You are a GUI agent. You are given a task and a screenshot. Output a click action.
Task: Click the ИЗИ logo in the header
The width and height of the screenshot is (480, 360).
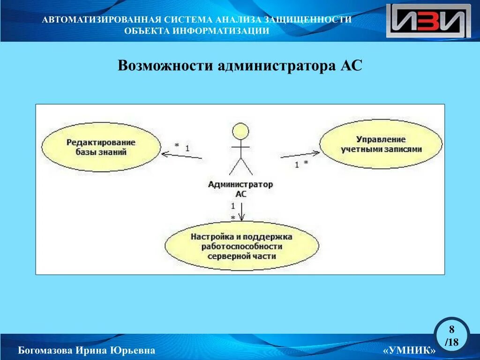click(x=428, y=21)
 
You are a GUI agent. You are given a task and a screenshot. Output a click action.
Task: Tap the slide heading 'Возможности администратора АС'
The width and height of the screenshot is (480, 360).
click(x=240, y=65)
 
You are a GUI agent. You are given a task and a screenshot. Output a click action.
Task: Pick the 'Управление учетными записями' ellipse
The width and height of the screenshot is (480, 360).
click(x=381, y=144)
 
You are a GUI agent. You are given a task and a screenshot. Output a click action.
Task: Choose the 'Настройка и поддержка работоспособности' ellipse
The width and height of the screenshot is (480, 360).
click(x=241, y=246)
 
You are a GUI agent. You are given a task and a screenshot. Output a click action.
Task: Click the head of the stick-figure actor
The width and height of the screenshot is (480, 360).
click(x=240, y=131)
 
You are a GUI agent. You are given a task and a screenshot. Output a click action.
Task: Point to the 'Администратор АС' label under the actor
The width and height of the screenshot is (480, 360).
click(x=240, y=189)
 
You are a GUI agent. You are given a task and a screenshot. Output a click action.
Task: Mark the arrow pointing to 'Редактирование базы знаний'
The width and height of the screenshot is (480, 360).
click(x=181, y=155)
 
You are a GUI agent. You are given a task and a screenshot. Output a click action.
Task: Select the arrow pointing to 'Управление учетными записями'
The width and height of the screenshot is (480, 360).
click(x=300, y=154)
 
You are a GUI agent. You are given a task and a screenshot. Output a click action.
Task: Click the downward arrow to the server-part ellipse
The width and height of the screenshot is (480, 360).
click(x=241, y=211)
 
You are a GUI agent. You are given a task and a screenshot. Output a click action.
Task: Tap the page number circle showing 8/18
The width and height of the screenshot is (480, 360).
click(x=452, y=336)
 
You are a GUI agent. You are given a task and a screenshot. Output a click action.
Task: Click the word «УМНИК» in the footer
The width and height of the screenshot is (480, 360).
click(x=409, y=351)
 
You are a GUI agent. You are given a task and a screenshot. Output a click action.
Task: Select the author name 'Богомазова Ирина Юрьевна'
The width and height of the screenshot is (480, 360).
click(x=86, y=351)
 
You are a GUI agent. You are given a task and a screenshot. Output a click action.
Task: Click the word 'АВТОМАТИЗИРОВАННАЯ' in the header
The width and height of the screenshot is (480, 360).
click(x=101, y=20)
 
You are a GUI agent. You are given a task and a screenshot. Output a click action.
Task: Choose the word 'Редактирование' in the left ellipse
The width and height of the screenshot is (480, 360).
click(x=100, y=142)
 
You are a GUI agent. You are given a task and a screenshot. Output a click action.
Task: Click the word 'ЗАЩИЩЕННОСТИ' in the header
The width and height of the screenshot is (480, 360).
click(x=308, y=20)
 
